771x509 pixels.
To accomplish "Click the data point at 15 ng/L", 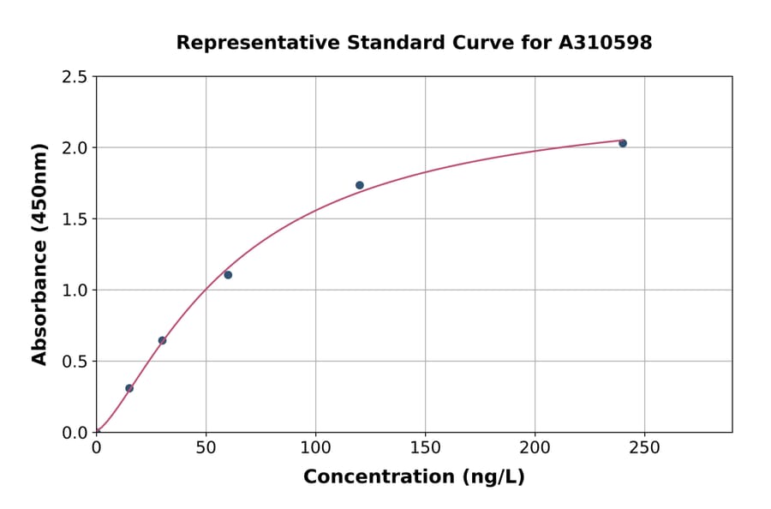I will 129,388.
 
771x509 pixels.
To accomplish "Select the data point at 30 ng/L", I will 162,340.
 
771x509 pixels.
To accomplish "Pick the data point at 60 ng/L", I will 228,275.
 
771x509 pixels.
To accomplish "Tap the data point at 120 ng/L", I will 360,185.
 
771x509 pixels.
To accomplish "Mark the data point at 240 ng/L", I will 623,143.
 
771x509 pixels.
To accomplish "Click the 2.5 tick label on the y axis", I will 75,77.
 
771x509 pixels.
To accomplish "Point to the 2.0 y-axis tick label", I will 75,148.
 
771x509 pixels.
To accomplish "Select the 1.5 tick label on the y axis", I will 75,219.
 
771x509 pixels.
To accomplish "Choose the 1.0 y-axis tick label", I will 75,290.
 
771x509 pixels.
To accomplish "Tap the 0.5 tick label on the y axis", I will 75,362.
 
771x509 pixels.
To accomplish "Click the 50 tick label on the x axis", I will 206,447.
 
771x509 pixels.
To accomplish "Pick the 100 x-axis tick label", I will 315,447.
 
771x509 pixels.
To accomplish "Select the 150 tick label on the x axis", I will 425,447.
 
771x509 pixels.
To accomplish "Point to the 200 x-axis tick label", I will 535,447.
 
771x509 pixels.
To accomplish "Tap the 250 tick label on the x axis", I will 644,447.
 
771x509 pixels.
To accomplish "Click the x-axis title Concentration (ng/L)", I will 414,477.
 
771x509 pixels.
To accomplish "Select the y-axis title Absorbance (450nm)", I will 39,254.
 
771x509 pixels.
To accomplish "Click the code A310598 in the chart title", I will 605,43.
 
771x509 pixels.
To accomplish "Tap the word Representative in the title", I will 257,43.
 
